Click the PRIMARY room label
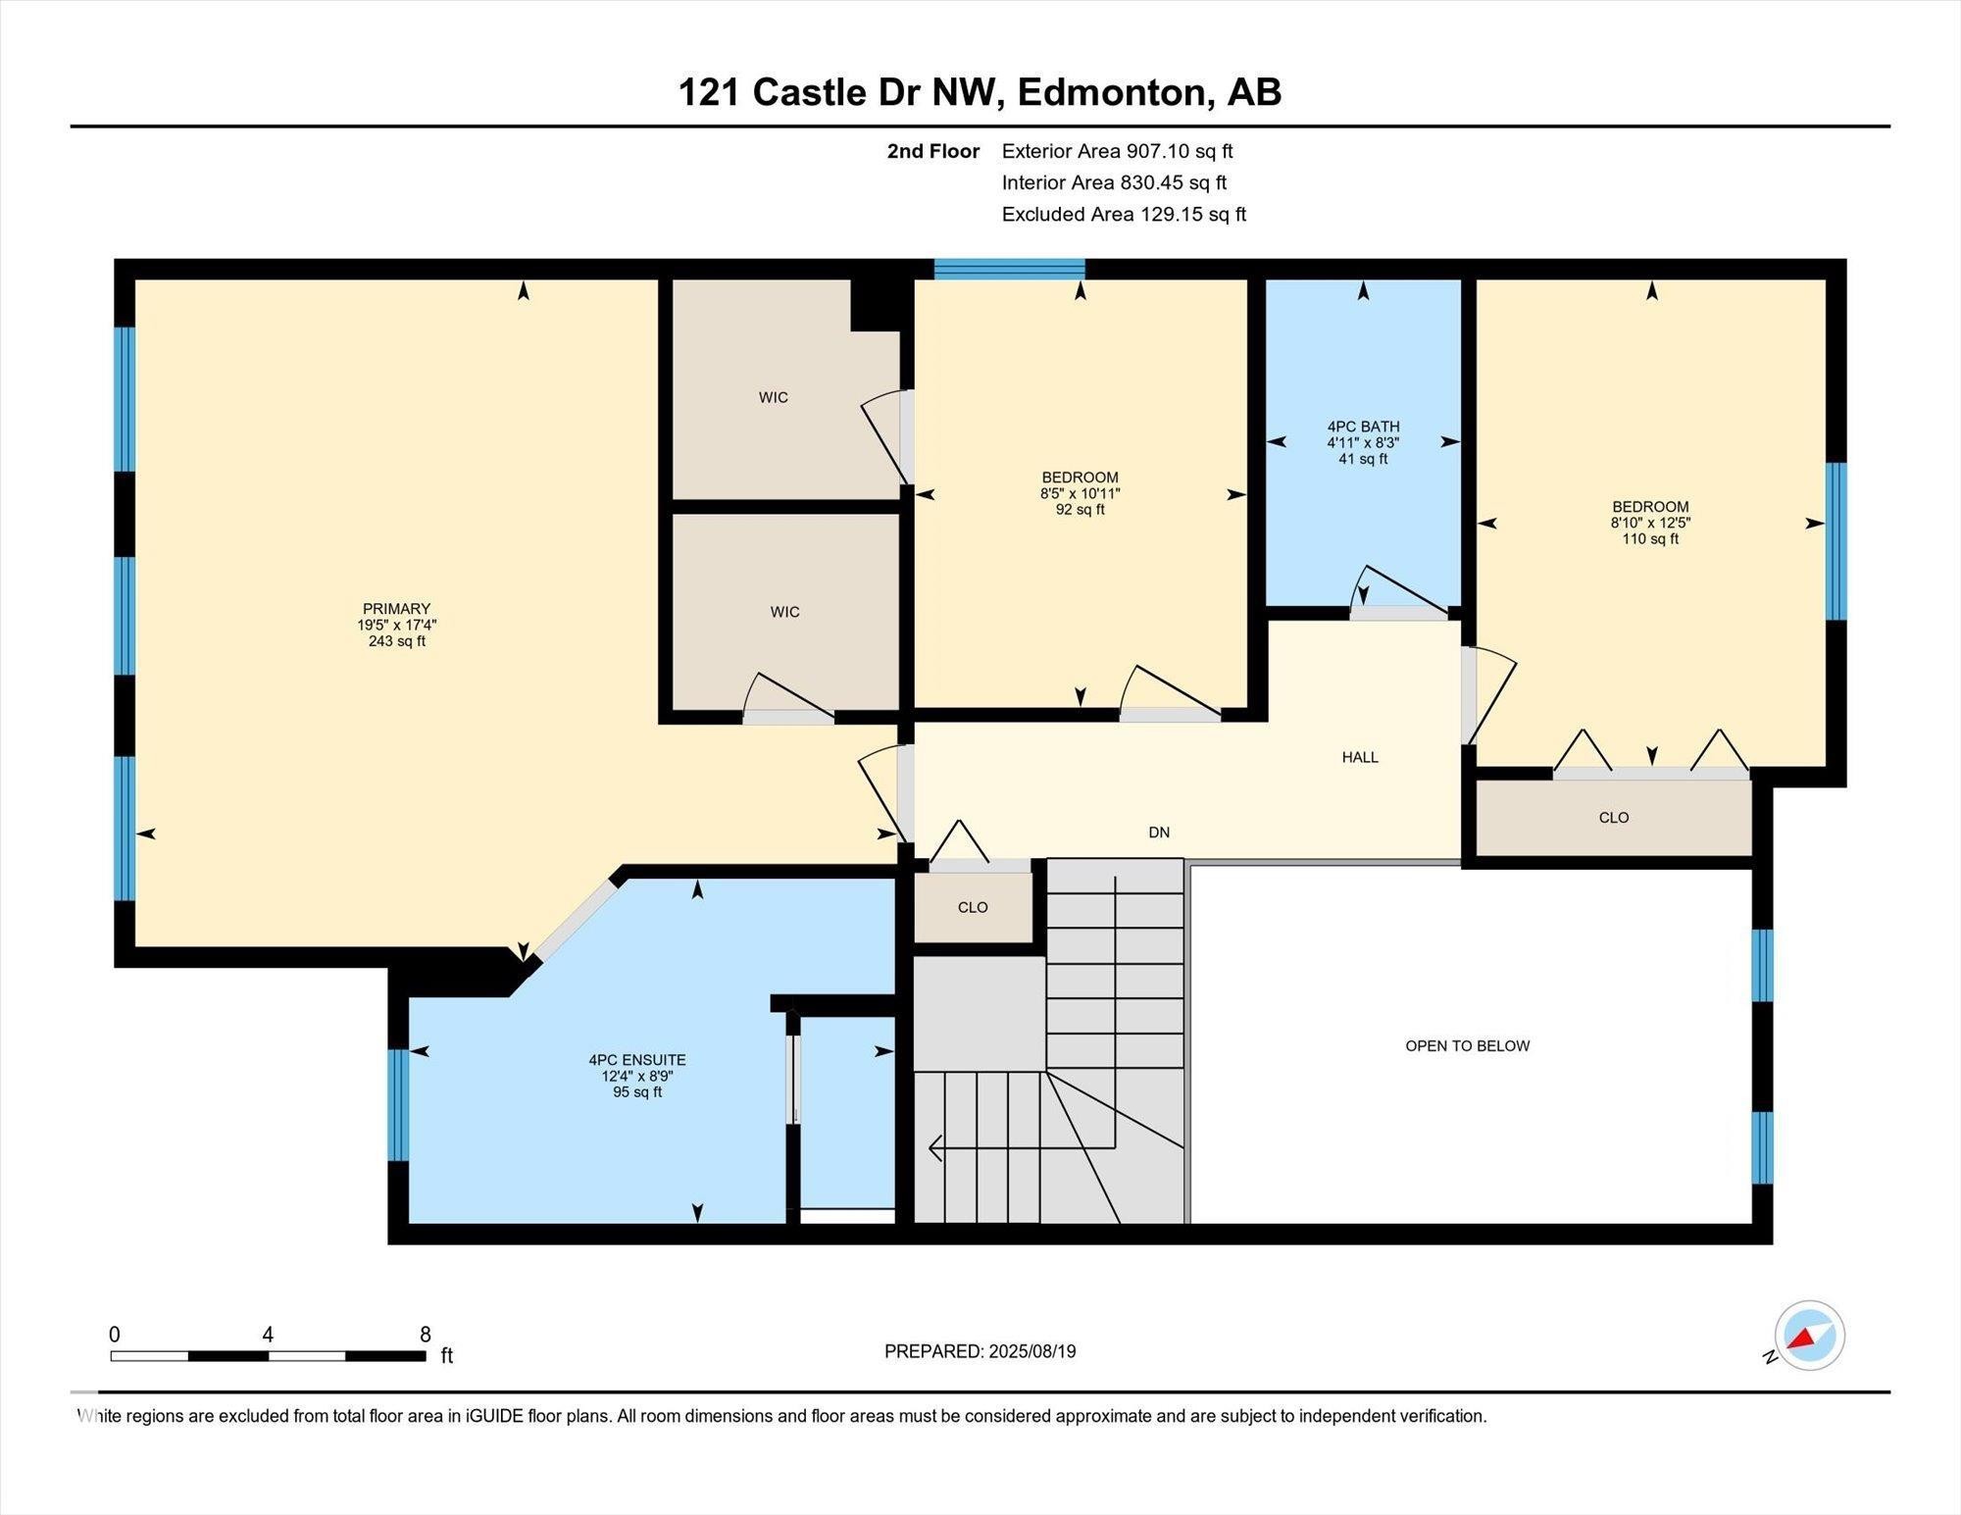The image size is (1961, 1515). (x=396, y=609)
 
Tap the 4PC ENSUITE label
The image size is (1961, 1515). (x=637, y=1060)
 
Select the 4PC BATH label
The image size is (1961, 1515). (x=1363, y=427)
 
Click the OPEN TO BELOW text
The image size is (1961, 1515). (x=1468, y=1046)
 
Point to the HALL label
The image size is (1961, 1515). (x=1360, y=757)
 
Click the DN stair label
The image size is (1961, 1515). (x=1159, y=833)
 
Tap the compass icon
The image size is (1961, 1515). (x=1809, y=1336)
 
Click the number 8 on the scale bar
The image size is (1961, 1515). (x=426, y=1335)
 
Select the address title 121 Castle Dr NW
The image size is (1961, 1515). (x=838, y=92)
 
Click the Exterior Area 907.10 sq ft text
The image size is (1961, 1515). (x=1117, y=151)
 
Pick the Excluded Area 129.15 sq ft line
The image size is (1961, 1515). (x=1124, y=214)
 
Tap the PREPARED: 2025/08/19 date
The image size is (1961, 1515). (x=980, y=1351)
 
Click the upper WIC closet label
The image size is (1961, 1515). (x=774, y=397)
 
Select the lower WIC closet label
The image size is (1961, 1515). (x=785, y=612)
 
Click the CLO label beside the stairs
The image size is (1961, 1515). (x=973, y=908)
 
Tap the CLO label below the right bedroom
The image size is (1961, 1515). (x=1614, y=818)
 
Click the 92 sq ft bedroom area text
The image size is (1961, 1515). (x=1081, y=510)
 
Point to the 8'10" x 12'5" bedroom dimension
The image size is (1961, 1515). (x=1651, y=523)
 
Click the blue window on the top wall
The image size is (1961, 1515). (x=1009, y=269)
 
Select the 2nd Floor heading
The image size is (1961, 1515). (x=933, y=151)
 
